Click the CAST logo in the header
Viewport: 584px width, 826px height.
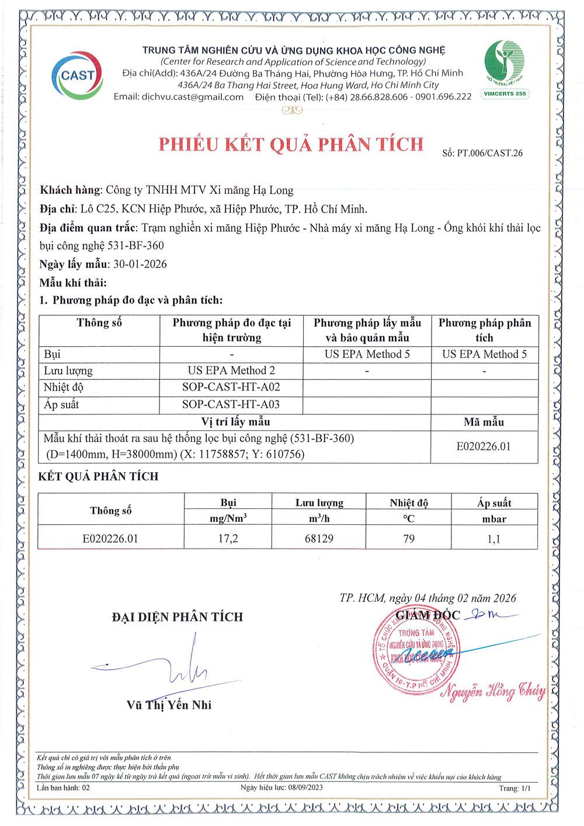pyautogui.click(x=77, y=75)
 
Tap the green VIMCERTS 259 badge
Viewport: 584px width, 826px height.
pyautogui.click(x=505, y=93)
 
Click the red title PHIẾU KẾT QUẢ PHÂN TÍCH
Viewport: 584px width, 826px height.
pyautogui.click(x=291, y=144)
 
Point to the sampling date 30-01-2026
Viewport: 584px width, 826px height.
pyautogui.click(x=140, y=264)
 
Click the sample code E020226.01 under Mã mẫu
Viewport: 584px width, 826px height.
pyautogui.click(x=484, y=447)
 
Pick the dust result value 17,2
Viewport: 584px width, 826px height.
pyautogui.click(x=228, y=538)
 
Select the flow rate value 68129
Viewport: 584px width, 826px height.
pyautogui.click(x=319, y=538)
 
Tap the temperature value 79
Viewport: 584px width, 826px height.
pyautogui.click(x=409, y=538)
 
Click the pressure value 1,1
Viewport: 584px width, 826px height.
pyautogui.click(x=494, y=539)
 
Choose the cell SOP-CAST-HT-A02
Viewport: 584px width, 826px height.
pyautogui.click(x=231, y=387)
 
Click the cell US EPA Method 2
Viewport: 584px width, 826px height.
pyautogui.click(x=231, y=371)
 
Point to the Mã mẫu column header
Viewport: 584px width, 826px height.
pyautogui.click(x=484, y=422)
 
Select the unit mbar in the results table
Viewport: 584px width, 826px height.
pyautogui.click(x=494, y=519)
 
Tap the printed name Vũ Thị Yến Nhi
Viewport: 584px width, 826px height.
pyautogui.click(x=169, y=705)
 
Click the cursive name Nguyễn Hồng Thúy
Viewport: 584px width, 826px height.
pyautogui.click(x=493, y=691)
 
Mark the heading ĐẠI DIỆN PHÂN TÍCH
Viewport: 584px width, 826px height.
pyautogui.click(x=178, y=617)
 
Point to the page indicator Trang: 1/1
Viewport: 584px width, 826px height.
pyautogui.click(x=515, y=788)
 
